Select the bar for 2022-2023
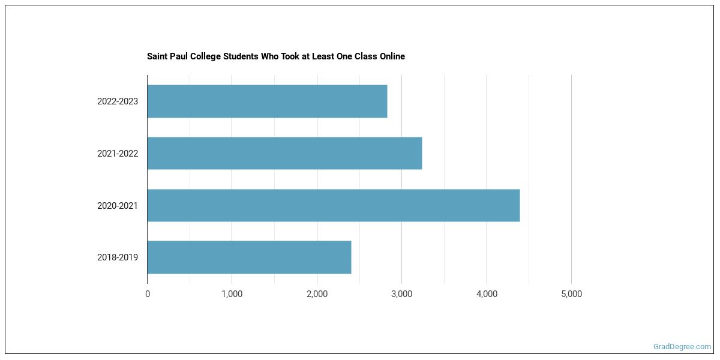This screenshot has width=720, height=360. (267, 101)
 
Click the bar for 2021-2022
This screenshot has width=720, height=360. (284, 153)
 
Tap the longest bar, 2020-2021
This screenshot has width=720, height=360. (333, 205)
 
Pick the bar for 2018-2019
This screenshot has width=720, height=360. (249, 257)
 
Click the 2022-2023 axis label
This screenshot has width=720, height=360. (118, 101)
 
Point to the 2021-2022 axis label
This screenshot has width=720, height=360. (118, 154)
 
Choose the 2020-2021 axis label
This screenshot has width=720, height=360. (118, 206)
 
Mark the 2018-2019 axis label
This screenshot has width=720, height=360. (118, 257)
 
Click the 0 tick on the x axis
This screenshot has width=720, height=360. (148, 294)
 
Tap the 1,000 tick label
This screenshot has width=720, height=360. (232, 294)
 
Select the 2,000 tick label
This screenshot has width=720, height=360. (317, 294)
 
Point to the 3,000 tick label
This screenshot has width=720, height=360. (401, 294)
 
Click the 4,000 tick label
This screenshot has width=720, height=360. (487, 294)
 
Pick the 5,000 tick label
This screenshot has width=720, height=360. (571, 294)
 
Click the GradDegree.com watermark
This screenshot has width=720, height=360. (682, 347)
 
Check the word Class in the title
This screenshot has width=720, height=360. (361, 56)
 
